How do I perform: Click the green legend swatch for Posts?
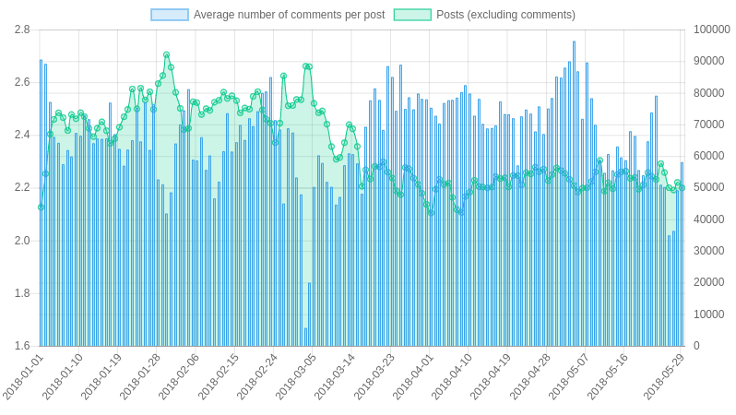[x=412, y=15]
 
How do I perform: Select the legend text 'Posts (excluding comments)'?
[x=505, y=15]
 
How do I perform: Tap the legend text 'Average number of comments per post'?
[x=289, y=15]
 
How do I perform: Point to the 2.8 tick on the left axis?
[x=21, y=30]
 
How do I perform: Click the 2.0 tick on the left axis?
[x=21, y=241]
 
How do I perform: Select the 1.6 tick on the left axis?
[x=21, y=346]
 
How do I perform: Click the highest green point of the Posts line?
[x=167, y=55]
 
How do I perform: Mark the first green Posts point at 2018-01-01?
[x=41, y=207]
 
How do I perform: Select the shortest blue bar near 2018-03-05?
[x=305, y=337]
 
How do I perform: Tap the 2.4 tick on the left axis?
[x=21, y=135]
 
